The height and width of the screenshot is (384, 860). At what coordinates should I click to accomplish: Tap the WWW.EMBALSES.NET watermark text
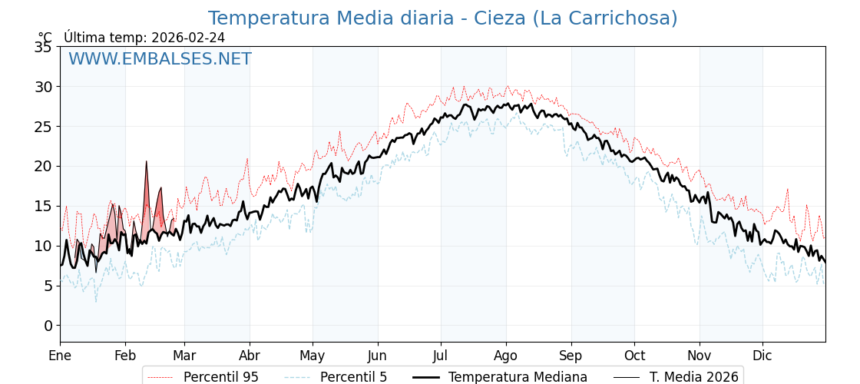(x=160, y=59)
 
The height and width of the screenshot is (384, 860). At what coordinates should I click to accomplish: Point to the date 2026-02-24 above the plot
(x=188, y=38)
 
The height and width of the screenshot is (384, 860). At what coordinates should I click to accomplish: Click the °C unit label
(x=45, y=38)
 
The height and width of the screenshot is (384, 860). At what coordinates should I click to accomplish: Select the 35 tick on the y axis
(x=43, y=47)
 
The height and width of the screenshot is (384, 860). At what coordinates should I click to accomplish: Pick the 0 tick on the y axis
(x=48, y=326)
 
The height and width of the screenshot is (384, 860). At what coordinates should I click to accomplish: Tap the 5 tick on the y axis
(x=48, y=286)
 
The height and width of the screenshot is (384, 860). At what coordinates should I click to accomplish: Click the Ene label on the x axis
(x=60, y=356)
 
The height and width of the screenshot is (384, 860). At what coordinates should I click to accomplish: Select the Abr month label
(x=250, y=356)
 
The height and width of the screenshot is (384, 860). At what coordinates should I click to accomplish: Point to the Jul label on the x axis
(x=441, y=356)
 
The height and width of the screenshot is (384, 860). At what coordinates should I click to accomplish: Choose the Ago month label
(x=506, y=356)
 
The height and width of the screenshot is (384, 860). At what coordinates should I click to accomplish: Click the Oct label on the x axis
(x=634, y=356)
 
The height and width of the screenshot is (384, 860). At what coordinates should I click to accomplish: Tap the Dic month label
(x=762, y=356)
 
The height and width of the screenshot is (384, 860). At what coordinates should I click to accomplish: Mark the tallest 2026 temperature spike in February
(x=146, y=162)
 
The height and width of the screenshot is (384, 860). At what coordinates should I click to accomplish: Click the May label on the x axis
(x=313, y=356)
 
